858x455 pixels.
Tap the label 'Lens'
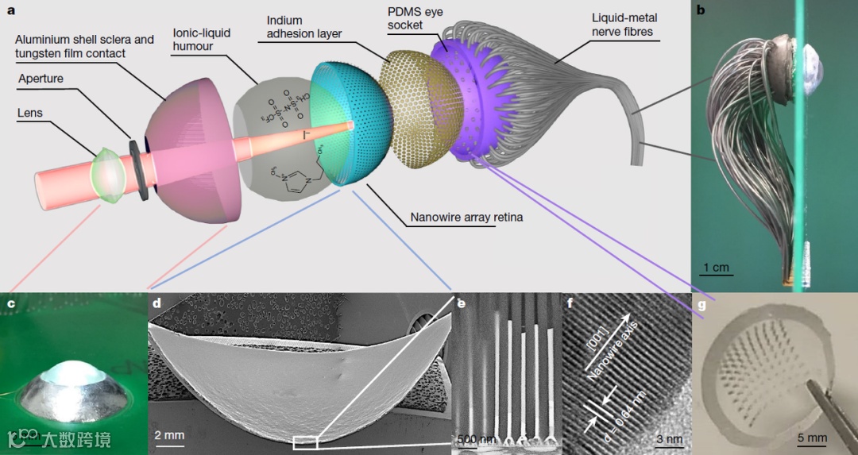click(29, 114)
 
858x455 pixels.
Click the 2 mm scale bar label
click(168, 436)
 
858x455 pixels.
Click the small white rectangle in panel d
click(304, 442)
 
